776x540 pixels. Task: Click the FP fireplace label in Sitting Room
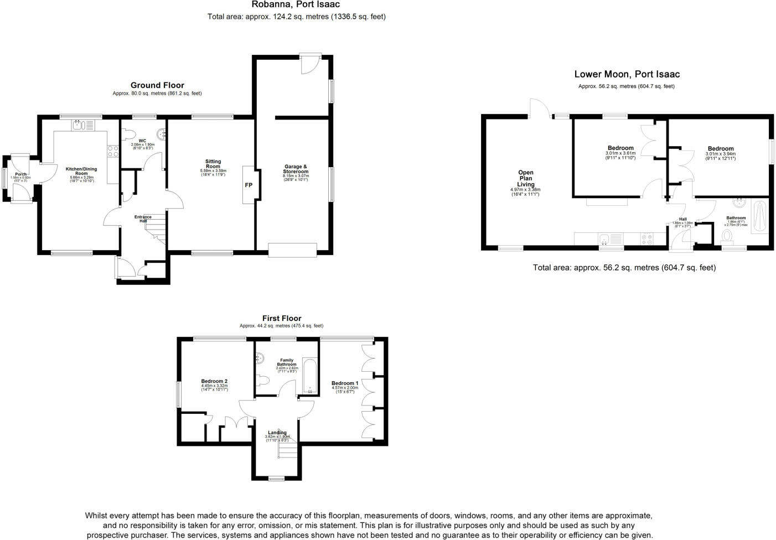pos(249,185)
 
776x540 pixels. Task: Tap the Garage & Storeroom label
pos(296,169)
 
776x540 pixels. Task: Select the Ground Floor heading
pos(157,85)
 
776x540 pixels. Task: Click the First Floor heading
pos(282,318)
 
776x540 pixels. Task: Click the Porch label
pos(20,174)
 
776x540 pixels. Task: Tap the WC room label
pos(142,141)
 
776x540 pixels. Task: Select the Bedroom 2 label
pos(214,381)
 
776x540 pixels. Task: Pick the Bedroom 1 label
pos(345,383)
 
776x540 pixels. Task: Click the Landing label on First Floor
pos(277,433)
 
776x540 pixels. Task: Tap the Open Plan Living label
pos(525,178)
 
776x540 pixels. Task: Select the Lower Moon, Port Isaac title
pos(627,74)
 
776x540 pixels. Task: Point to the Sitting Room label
pos(213,164)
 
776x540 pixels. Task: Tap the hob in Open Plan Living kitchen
pos(645,239)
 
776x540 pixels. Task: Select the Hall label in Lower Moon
pos(682,219)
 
